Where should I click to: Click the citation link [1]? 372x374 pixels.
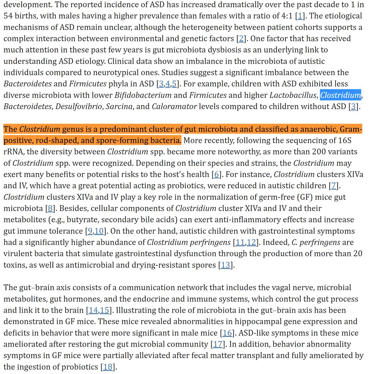click(300, 16)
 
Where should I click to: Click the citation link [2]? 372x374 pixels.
click(240, 39)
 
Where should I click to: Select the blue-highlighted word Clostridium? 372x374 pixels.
click(341, 95)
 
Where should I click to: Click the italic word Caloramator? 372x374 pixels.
click(174, 107)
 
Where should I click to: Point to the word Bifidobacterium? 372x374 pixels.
click(143, 95)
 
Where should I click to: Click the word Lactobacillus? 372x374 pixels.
click(293, 95)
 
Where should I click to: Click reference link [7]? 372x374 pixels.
click(334, 186)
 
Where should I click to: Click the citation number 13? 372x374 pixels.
click(226, 265)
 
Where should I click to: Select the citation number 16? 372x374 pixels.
click(227, 333)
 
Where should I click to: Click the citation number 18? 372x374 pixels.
click(108, 367)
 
